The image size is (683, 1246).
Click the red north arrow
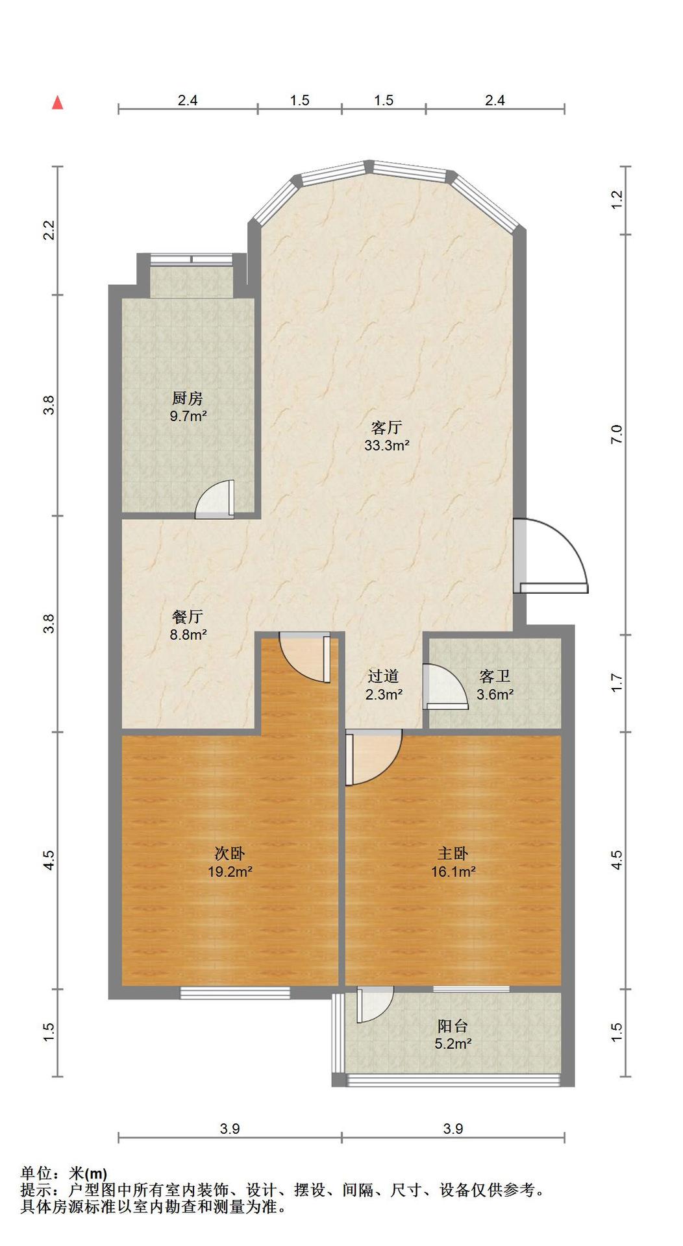click(58, 103)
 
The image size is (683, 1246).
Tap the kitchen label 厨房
click(188, 398)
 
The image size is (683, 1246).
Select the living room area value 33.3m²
click(387, 445)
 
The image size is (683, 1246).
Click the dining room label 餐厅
click(188, 616)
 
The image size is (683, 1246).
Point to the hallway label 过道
click(383, 676)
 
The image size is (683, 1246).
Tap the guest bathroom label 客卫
click(495, 676)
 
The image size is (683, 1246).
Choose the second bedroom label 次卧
click(230, 853)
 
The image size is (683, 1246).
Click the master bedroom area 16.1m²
click(453, 872)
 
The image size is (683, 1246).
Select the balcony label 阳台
click(453, 1026)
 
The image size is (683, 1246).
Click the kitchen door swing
click(215, 500)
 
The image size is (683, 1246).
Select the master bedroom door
click(373, 757)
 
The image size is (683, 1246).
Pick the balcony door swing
click(375, 1005)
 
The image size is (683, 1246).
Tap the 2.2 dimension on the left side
click(50, 231)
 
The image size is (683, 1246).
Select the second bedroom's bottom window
click(235, 992)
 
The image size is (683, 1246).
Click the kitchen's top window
click(192, 260)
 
